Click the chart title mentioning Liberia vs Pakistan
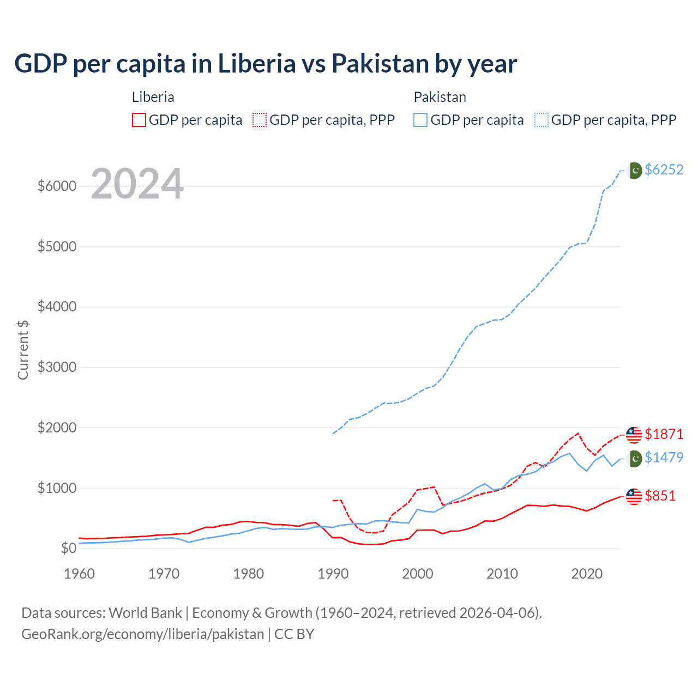click(x=266, y=64)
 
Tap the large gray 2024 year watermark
click(x=137, y=184)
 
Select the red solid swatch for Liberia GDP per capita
click(x=139, y=120)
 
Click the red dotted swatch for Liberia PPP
click(x=260, y=120)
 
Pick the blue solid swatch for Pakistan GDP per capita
click(x=420, y=120)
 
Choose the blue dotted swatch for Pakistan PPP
click(x=541, y=120)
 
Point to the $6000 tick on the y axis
click(x=57, y=186)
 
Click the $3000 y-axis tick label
click(x=57, y=367)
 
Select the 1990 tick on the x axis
click(x=333, y=574)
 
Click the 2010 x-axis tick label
click(x=502, y=574)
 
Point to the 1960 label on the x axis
click(x=80, y=574)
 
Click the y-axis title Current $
click(x=23, y=350)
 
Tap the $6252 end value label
click(x=664, y=170)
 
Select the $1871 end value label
click(x=664, y=434)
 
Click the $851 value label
click(x=660, y=496)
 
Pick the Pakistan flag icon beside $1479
click(x=635, y=459)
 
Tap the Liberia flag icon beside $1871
click(x=634, y=435)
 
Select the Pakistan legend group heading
click(x=440, y=97)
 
